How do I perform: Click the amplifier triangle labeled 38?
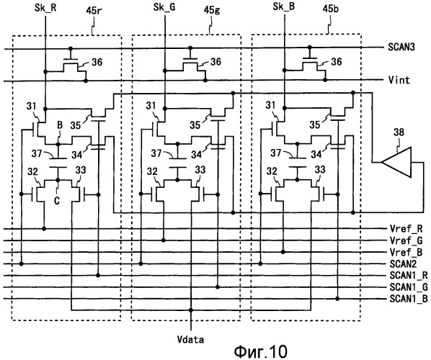397,162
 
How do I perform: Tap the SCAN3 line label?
401,47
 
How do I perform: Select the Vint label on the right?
399,80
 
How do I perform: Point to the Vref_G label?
406,240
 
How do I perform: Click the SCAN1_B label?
409,299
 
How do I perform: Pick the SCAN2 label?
403,264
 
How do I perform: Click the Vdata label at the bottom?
190,340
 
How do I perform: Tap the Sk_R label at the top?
45,8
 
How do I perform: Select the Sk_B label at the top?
284,6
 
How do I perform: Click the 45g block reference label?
212,10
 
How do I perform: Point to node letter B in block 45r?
60,125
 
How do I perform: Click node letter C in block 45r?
57,201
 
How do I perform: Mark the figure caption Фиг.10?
261,351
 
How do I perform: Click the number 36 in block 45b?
336,61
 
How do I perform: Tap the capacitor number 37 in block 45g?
156,153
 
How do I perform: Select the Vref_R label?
406,228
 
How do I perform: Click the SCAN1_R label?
409,275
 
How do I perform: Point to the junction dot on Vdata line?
191,310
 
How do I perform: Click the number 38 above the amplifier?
399,132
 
